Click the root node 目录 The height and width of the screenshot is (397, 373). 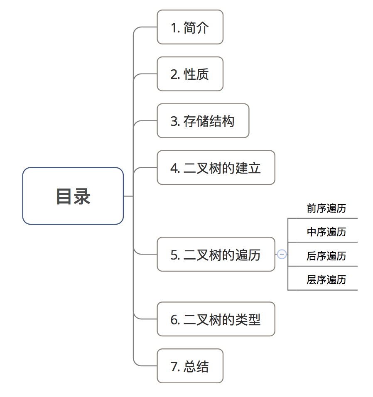click(73, 196)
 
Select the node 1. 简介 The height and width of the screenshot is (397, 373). click(190, 27)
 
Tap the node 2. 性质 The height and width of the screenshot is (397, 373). click(190, 74)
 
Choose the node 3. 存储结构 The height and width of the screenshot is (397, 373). click(203, 121)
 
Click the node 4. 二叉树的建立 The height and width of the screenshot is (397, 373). click(216, 168)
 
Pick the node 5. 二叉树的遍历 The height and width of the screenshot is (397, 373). click(216, 255)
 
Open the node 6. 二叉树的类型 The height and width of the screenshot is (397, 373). click(216, 319)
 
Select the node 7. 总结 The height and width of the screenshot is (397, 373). click(190, 366)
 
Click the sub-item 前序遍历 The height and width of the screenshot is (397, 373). click(326, 208)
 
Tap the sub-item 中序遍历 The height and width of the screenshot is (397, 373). click(326, 232)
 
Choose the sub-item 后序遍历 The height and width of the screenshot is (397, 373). click(326, 256)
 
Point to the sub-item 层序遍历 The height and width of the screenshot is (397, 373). click(326, 279)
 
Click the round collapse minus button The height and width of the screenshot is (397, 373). click(282, 254)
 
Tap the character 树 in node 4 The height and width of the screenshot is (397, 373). click(215, 168)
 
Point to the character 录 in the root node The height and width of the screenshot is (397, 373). click(82, 196)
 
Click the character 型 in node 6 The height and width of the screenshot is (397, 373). click(254, 319)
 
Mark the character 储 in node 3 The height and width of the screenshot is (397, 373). click(202, 121)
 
